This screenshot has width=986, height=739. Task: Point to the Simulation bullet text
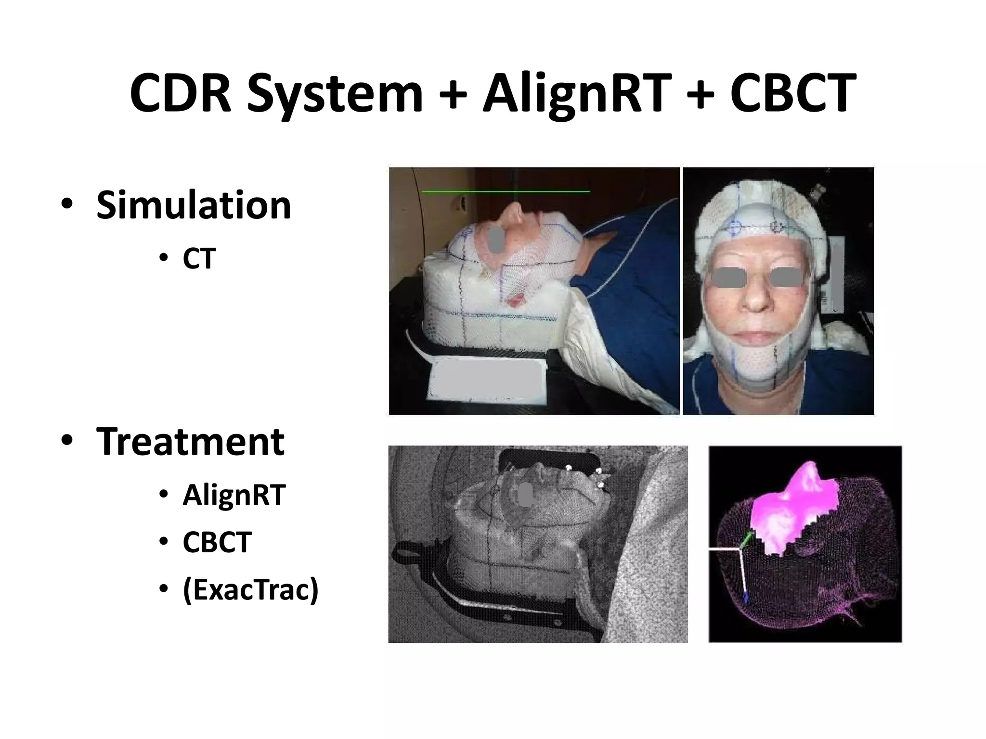(x=194, y=205)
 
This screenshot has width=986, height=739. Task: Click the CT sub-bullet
(x=199, y=259)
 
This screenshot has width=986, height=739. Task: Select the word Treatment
(x=191, y=442)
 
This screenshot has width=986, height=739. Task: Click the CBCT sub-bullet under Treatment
(x=217, y=542)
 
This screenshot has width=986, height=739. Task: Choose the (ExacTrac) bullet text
(x=250, y=589)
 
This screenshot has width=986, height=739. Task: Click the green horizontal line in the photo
(x=506, y=191)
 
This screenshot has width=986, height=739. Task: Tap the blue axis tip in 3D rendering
(x=746, y=598)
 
